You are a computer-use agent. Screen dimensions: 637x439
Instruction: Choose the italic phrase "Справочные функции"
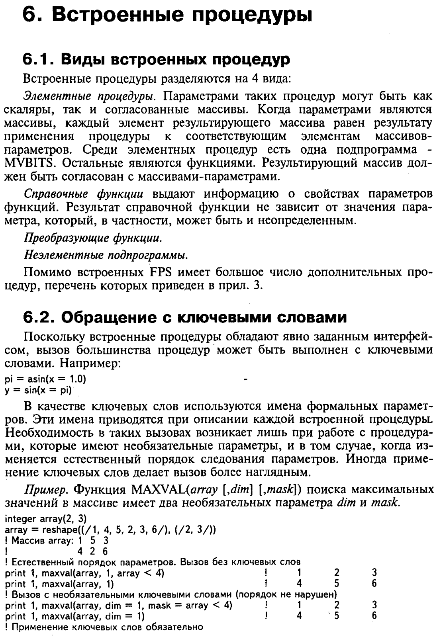(x=84, y=194)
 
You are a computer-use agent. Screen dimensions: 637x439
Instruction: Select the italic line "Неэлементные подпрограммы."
(x=106, y=254)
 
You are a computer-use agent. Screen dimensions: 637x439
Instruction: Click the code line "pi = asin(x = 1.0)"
(x=45, y=379)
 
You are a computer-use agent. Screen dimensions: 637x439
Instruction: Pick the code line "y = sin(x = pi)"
(x=38, y=390)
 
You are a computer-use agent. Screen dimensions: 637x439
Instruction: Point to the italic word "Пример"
(x=48, y=489)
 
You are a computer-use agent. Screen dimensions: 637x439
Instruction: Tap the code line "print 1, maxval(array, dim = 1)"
(x=75, y=616)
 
